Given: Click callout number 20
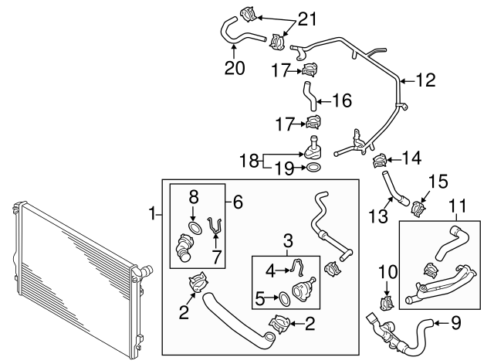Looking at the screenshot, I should point(235,67).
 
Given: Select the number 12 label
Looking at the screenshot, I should point(425,80).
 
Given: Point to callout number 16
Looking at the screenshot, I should point(341,100).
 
